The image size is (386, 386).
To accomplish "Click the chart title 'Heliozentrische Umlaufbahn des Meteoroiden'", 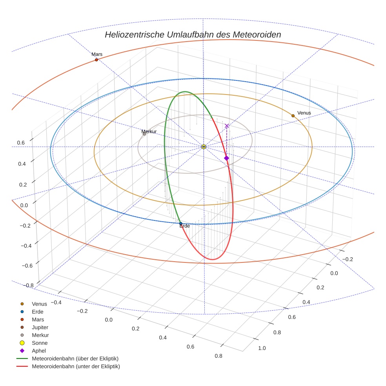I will [193, 35].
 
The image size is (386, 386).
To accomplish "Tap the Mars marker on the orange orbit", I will [96, 60].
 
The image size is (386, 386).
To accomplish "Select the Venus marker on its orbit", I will [293, 116].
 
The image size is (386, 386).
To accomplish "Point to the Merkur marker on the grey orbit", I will [144, 134].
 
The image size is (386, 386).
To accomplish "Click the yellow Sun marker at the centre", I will [204, 147].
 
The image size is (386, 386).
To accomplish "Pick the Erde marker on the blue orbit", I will [180, 223].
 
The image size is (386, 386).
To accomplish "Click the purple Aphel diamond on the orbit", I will [226, 158].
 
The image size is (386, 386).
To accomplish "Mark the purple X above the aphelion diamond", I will [227, 126].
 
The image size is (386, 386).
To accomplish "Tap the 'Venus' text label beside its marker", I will [304, 113].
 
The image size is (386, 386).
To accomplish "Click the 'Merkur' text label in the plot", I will [149, 131].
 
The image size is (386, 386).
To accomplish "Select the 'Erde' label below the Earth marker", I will [184, 226].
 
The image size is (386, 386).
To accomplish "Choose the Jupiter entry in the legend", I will [40, 327].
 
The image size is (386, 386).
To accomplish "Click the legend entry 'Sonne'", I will [40, 343].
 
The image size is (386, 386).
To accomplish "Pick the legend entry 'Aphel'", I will [38, 351].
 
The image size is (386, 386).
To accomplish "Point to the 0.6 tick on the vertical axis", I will [20, 143].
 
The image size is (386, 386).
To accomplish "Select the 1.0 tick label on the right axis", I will [262, 348].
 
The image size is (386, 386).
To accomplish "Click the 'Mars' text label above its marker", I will [97, 54].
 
